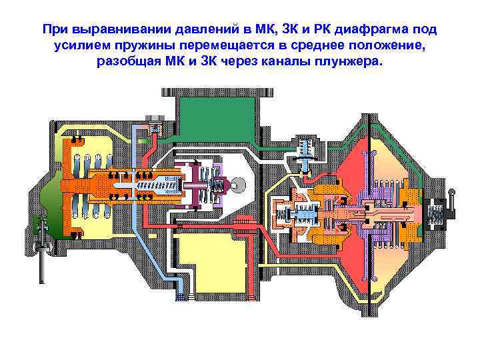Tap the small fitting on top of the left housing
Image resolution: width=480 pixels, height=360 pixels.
155,127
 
